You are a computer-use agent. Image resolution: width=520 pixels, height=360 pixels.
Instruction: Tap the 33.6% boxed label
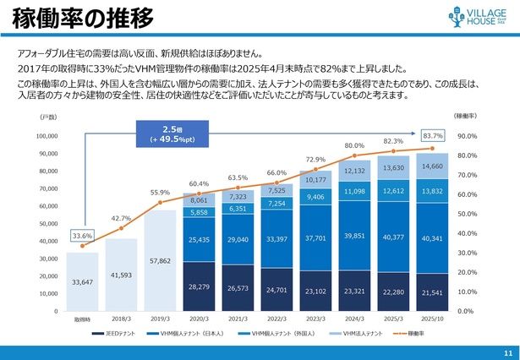click(x=82, y=236)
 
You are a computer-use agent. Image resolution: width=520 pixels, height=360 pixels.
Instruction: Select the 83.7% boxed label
click(x=432, y=135)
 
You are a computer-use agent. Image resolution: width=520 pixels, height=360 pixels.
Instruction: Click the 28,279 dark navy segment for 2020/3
click(x=200, y=287)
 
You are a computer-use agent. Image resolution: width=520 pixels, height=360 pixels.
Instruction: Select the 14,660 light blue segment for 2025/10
click(x=432, y=166)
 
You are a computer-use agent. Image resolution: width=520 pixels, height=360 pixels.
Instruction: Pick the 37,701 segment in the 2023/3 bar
click(x=316, y=238)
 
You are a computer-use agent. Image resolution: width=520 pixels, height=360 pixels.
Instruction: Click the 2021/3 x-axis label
click(x=238, y=320)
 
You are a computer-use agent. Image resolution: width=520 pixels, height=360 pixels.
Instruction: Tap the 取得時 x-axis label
click(x=82, y=320)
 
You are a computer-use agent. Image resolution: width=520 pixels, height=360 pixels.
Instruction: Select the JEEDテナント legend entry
click(x=120, y=335)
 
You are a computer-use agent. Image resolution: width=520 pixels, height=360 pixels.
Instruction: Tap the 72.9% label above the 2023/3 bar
click(x=316, y=159)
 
